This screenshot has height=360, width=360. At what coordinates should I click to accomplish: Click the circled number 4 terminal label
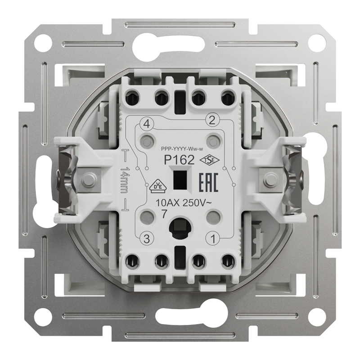coord(147,125)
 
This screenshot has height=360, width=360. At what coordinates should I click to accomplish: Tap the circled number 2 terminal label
coord(212,120)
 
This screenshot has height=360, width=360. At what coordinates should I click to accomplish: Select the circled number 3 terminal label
coord(147,239)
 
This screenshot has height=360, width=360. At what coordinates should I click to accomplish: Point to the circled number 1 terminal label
coord(213,239)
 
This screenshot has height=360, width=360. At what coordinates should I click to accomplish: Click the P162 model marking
coord(179,160)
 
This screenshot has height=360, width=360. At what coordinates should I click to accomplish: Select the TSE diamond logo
coord(210,160)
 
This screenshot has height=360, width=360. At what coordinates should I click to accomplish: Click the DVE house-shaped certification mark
coord(158,186)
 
